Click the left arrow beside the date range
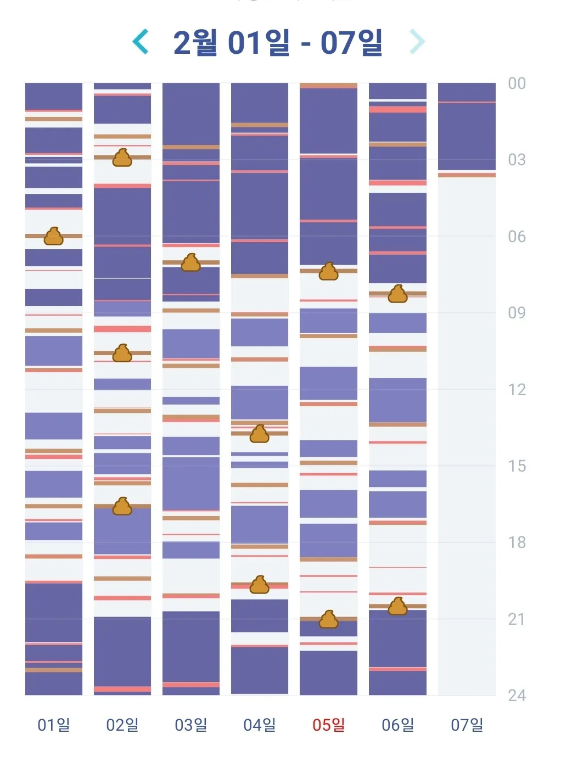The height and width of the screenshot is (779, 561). pos(141,42)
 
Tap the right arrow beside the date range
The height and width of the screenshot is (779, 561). pos(417,42)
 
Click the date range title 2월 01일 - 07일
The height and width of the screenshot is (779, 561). pos(278,42)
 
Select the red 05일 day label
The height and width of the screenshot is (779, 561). pos(328,725)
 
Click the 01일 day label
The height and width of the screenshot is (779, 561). pos(54,725)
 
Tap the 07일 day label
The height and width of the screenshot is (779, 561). pos(467,725)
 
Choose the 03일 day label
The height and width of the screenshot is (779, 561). pos(191,725)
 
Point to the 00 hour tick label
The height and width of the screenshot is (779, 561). pos(517,83)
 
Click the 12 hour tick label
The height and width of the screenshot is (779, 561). pos(517,390)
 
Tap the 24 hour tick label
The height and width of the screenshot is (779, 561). pos(517,696)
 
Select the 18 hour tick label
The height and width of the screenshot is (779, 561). pos(517,542)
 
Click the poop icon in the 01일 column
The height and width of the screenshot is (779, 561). pos(54,236)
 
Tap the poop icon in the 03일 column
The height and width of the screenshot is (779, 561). pos(191,262)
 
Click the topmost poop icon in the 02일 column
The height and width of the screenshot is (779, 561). pos(122,158)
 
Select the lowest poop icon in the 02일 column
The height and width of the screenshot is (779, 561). pos(122,506)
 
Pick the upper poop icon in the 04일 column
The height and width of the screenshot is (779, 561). pos(260,434)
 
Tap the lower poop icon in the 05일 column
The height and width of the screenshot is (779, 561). pos(328,619)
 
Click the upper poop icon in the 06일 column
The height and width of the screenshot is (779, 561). pos(397,294)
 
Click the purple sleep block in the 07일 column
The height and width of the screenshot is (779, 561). pos(467,127)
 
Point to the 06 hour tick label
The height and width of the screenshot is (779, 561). pos(517,237)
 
